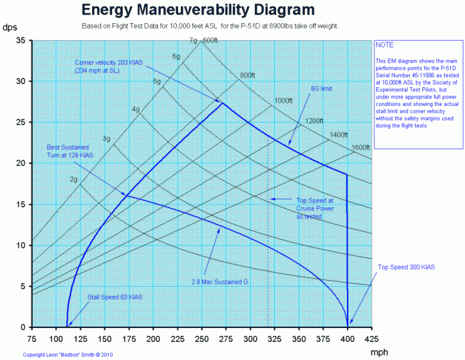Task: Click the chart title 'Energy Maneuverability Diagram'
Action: (197, 10)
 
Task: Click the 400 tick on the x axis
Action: (348, 339)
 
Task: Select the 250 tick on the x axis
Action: (201, 339)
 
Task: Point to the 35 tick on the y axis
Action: (20, 41)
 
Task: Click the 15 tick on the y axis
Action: (20, 205)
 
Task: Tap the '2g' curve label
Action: (74, 179)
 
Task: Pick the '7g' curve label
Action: (193, 41)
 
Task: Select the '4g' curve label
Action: (135, 109)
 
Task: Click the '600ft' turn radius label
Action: (211, 41)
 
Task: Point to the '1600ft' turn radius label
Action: (360, 147)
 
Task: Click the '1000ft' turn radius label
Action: (284, 101)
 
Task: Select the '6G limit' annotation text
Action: (321, 88)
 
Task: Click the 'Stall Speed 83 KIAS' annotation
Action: (115, 297)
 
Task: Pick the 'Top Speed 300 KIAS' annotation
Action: (406, 267)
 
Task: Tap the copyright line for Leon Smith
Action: (69, 355)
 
